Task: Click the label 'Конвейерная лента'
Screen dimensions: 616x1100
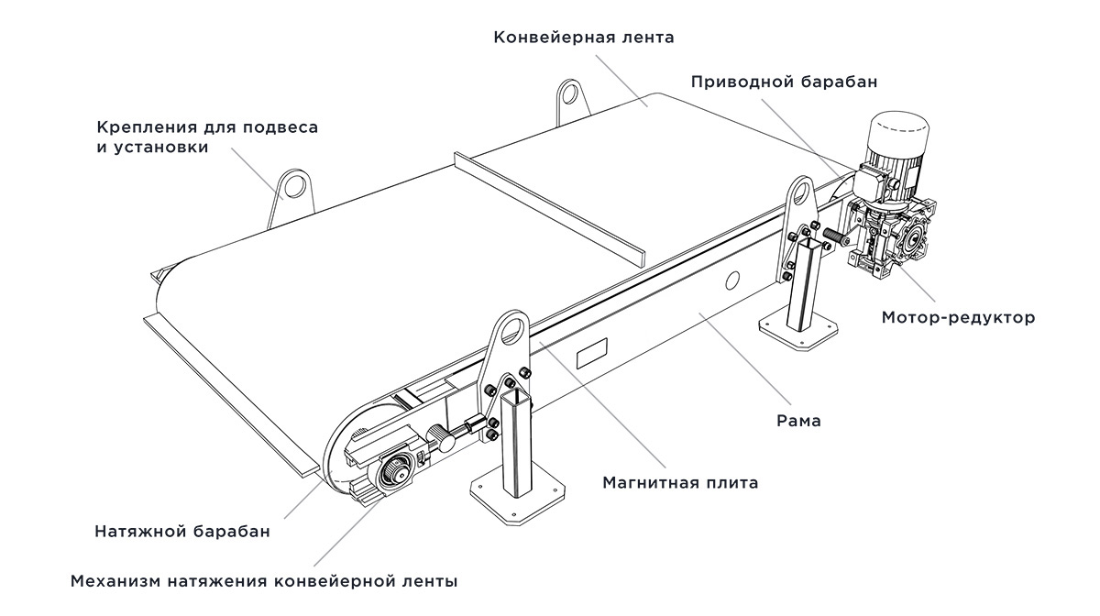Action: coord(583,38)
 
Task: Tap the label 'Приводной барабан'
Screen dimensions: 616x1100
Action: coord(784,82)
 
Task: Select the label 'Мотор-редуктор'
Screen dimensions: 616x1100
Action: coord(958,318)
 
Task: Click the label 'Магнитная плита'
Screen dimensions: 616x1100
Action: coord(679,482)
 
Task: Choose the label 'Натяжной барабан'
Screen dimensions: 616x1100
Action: coord(182,532)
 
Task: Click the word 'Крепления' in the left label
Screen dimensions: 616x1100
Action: coord(143,127)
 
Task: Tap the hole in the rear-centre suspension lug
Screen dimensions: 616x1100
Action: coord(570,93)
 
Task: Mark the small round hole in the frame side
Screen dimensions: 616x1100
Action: coord(732,278)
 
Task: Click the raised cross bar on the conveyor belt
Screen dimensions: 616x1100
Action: coord(550,203)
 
